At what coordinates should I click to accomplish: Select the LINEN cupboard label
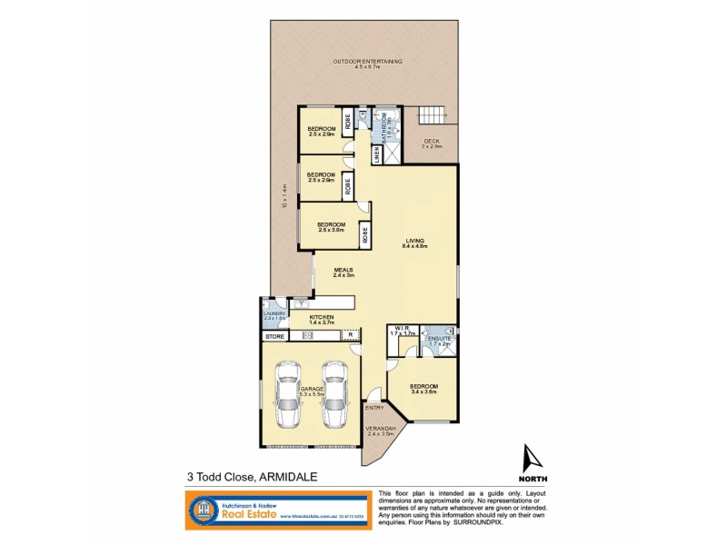point(376,155)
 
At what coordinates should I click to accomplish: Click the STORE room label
point(275,336)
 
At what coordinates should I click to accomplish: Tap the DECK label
point(433,141)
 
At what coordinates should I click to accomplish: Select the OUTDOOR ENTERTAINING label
point(367,62)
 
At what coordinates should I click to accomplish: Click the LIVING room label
point(415,241)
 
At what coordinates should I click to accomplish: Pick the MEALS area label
point(343,270)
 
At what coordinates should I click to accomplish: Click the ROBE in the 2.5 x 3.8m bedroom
point(365,235)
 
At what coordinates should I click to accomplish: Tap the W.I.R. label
point(402,330)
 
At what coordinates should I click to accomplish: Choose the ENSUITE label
point(439,339)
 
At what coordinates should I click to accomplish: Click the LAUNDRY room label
point(274,313)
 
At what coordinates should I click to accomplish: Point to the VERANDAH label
point(381,430)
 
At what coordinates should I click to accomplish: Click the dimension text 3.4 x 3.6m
point(423,391)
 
